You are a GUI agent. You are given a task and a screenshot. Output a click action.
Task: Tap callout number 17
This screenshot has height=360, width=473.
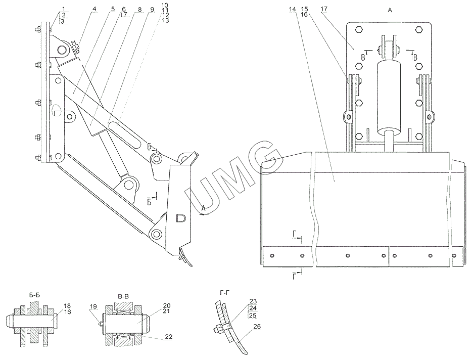[324, 10]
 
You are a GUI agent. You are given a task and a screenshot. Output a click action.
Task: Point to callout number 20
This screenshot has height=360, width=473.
[167, 306]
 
